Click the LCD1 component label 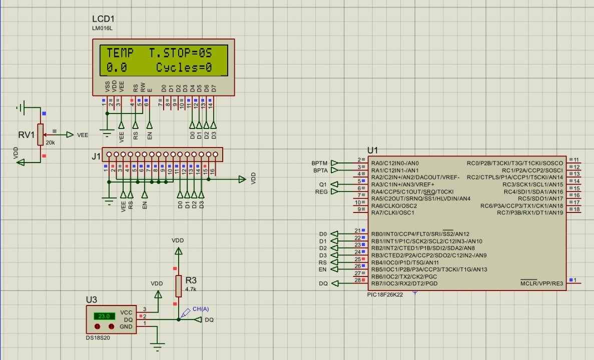(x=104, y=18)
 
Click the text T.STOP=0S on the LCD (x=181, y=53)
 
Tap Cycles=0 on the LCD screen (x=184, y=67)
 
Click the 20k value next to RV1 (x=50, y=142)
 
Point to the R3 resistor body (x=178, y=285)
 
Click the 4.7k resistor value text (x=191, y=289)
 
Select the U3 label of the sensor (x=91, y=299)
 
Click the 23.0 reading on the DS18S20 (x=104, y=316)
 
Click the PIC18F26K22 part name (x=385, y=294)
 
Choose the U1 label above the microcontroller (x=373, y=150)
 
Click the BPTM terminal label (x=319, y=163)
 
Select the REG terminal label (x=321, y=191)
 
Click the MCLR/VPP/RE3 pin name (x=541, y=283)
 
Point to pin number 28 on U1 (x=357, y=280)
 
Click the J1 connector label (x=96, y=156)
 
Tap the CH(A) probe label (x=200, y=309)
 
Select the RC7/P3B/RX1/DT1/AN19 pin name (x=530, y=213)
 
